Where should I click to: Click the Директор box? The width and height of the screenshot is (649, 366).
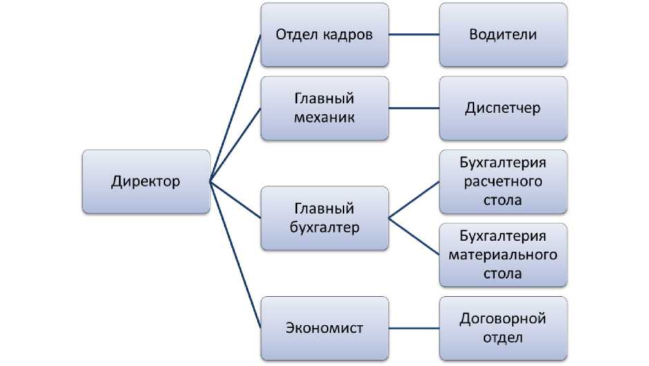(x=146, y=182)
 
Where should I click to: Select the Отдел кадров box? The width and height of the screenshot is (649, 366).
(x=325, y=34)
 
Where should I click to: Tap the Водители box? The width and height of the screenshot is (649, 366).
(x=503, y=34)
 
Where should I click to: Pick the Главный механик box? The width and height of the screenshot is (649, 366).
(x=325, y=108)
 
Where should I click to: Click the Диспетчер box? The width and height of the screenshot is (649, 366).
(x=503, y=108)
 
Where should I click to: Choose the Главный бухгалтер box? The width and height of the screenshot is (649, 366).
(x=325, y=218)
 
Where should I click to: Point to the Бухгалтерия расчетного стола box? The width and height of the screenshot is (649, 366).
(x=503, y=182)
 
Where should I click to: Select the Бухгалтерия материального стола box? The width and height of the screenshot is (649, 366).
(x=503, y=255)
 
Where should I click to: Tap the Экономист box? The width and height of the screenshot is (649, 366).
(x=325, y=328)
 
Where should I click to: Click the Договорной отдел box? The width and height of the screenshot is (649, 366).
(x=503, y=328)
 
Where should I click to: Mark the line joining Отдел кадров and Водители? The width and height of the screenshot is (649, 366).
(x=414, y=34)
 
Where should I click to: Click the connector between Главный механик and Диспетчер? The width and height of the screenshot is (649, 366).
(x=414, y=108)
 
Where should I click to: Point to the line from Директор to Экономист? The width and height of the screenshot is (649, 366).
(x=235, y=255)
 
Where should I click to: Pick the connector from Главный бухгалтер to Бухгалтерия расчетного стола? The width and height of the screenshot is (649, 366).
(x=414, y=200)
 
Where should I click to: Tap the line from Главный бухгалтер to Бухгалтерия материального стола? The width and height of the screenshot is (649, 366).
(x=414, y=236)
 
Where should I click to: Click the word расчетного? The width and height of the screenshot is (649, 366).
(x=503, y=182)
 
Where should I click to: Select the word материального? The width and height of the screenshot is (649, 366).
(x=503, y=255)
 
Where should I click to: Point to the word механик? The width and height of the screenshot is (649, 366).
(x=324, y=117)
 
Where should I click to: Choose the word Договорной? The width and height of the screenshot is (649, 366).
(x=503, y=319)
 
